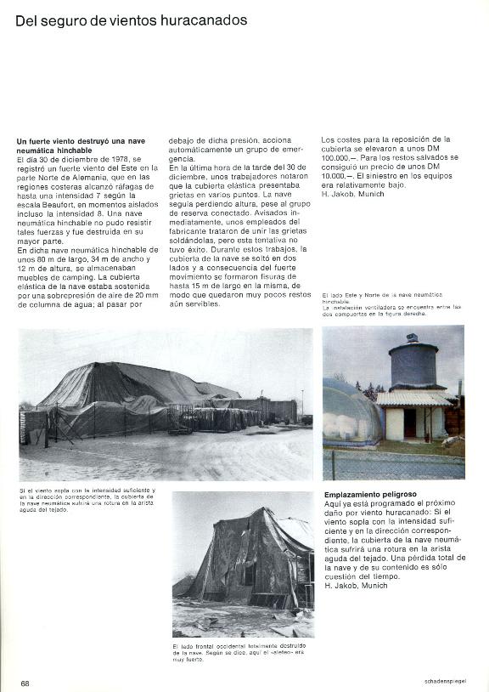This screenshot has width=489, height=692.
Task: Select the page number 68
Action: tap(25, 683)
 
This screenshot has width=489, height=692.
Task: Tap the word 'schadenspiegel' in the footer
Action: tap(444, 683)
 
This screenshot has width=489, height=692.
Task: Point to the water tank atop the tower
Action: tap(413, 365)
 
